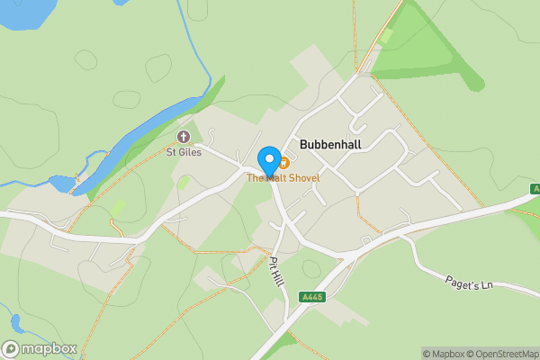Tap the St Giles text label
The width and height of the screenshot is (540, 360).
click(183, 152)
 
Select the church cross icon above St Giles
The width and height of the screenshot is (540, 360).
click(184, 137)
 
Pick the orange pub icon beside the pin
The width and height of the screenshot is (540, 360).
click(283, 162)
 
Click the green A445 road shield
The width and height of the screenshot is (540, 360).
click(312, 297)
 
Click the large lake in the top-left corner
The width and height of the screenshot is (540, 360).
click(22, 12)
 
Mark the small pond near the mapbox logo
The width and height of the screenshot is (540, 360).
click(16, 322)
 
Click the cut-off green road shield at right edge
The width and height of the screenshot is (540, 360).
click(535, 189)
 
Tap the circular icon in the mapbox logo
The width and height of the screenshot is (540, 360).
click(12, 349)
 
